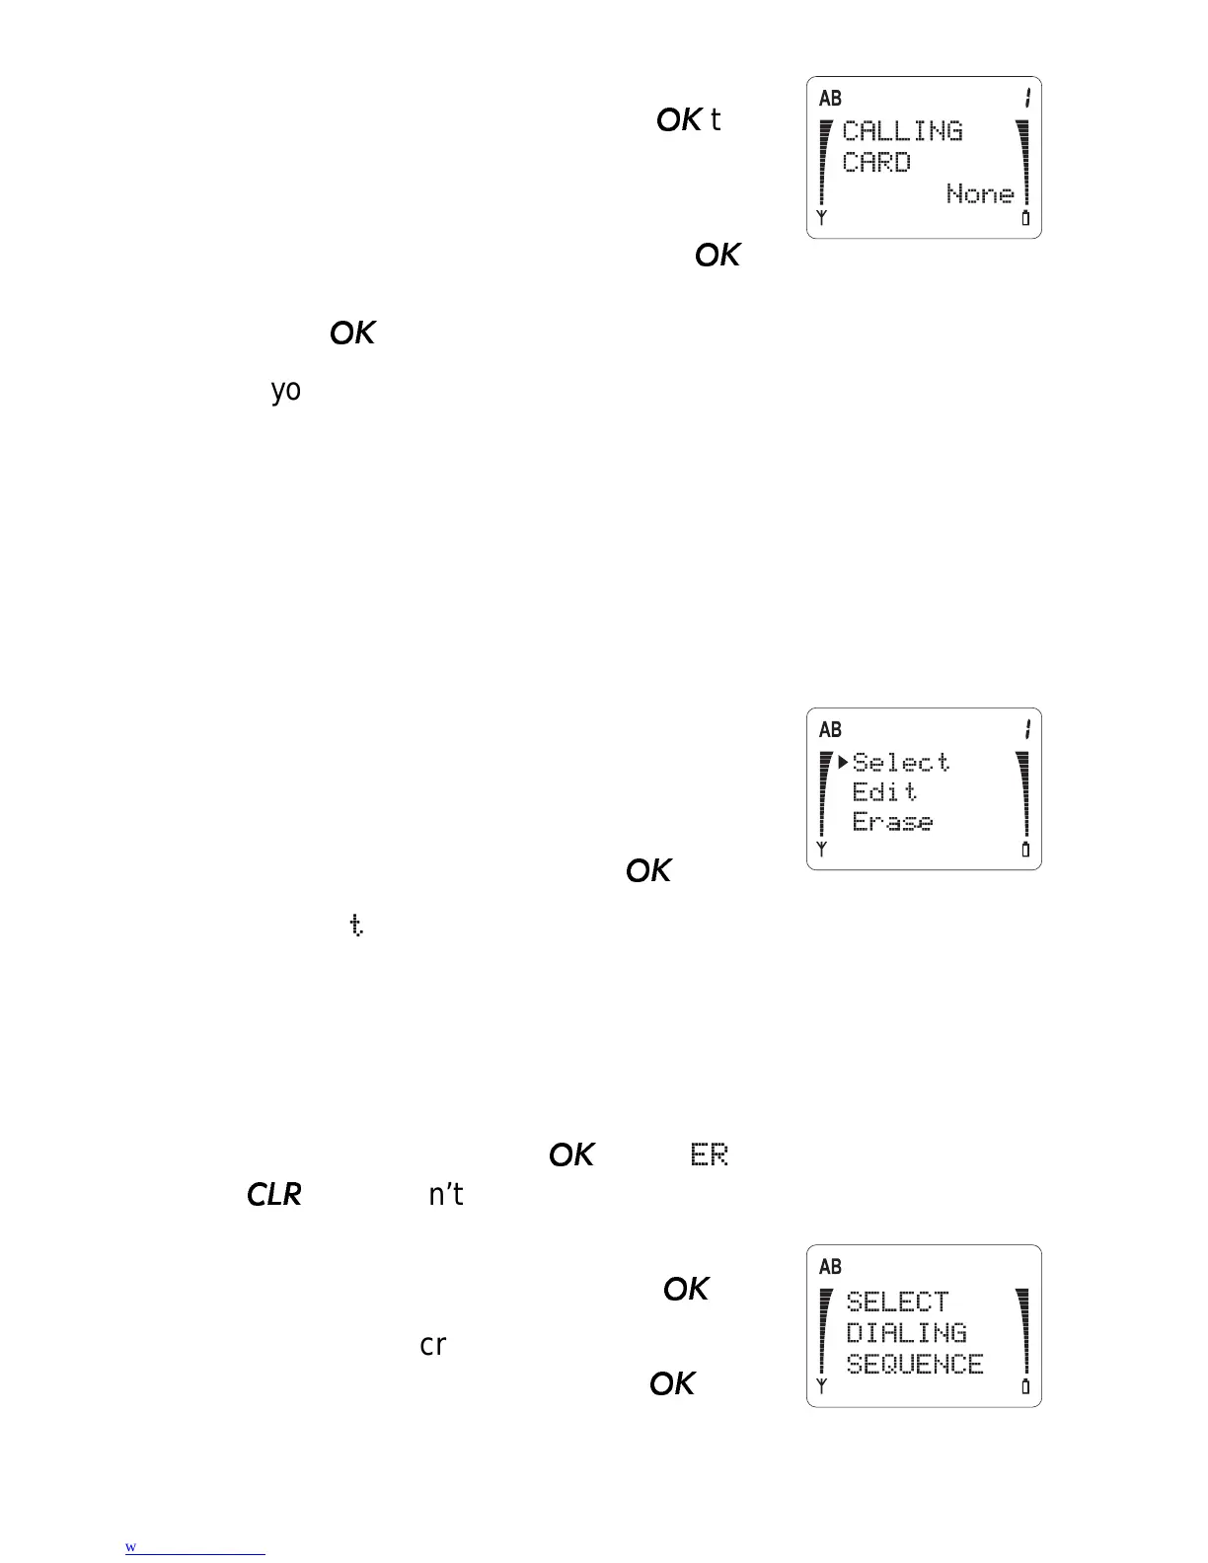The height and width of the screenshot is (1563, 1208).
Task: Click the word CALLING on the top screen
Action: tap(902, 131)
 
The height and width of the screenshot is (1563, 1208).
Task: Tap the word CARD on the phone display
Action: tap(876, 163)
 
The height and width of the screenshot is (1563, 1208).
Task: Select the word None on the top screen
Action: tap(980, 193)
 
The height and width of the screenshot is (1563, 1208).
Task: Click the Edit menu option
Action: tap(885, 792)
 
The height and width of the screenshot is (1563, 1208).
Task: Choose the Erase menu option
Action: tap(892, 822)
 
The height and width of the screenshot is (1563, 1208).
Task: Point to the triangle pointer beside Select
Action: tap(844, 762)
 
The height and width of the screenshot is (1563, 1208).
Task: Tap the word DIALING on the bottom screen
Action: tap(906, 1333)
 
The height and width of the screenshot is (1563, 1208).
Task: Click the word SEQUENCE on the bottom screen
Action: tap(915, 1365)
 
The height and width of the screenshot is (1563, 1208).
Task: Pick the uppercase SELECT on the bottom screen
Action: tap(897, 1302)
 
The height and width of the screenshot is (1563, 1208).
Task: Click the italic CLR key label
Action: tap(273, 1195)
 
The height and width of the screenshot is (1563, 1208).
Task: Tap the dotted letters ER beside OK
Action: tap(710, 1155)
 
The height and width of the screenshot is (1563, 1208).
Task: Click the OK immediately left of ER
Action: tap(571, 1155)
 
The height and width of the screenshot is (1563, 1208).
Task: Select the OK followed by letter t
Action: tap(679, 120)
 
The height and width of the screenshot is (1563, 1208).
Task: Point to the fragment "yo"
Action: tap(286, 391)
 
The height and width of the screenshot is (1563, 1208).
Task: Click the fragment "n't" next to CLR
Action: tap(446, 1195)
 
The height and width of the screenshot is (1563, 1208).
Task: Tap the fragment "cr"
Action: tap(433, 1345)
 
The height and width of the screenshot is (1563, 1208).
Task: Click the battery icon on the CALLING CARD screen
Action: tap(1025, 218)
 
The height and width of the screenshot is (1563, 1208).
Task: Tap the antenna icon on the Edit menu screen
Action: tap(821, 850)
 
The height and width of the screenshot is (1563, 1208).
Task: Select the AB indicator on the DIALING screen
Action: tap(831, 1266)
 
